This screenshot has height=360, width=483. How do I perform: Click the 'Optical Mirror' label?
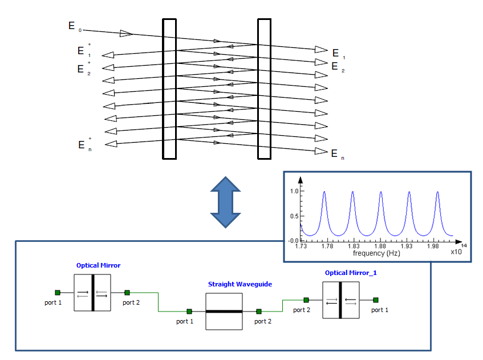[x=99, y=266]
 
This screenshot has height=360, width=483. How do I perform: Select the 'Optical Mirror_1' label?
[x=351, y=273]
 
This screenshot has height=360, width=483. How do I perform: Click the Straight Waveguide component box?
[x=224, y=312]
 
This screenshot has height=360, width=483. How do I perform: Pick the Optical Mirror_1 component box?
[x=341, y=300]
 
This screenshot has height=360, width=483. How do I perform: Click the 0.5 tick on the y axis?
[x=294, y=216]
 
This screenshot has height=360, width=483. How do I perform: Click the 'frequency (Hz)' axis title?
[x=376, y=253]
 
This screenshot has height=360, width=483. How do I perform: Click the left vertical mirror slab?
[x=169, y=89]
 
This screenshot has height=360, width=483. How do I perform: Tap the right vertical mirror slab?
[x=264, y=89]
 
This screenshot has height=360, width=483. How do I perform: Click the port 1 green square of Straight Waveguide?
[x=189, y=312]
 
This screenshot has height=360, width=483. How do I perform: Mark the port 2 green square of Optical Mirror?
[x=127, y=293]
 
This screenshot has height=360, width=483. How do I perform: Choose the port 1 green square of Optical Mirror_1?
[x=376, y=300]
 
